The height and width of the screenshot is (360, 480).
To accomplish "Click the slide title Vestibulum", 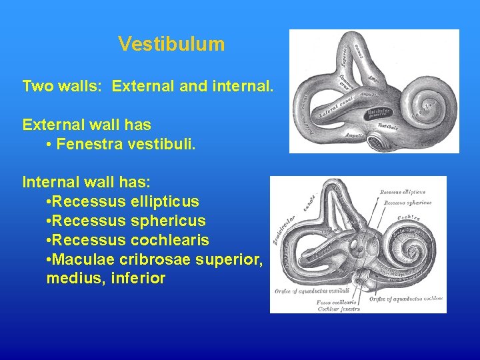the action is point(171,44).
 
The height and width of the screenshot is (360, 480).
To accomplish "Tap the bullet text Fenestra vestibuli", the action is point(126,144).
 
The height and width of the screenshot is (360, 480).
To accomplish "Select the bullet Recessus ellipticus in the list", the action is point(125,201).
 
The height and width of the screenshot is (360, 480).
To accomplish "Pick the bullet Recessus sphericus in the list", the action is point(127,221).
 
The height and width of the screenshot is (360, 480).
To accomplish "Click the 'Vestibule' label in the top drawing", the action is point(389,125).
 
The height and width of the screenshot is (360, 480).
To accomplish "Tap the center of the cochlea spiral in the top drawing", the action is point(425,104).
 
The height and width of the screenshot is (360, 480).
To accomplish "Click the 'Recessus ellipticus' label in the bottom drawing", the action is point(404,193).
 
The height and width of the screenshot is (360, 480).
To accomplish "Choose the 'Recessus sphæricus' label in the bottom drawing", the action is point(406,203).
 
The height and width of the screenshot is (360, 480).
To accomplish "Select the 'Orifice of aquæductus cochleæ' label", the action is point(406,299).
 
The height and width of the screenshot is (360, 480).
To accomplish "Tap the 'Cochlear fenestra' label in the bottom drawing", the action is point(339,309).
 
